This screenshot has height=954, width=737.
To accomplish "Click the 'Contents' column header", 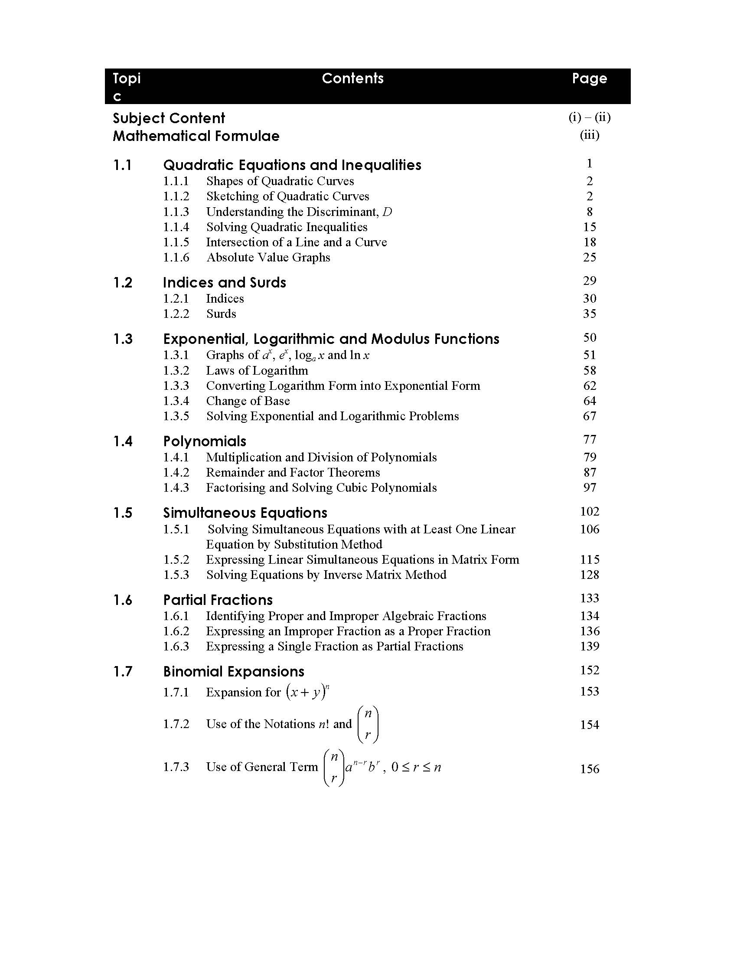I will pos(352,78).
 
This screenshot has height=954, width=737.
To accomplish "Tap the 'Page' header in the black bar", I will pos(590,78).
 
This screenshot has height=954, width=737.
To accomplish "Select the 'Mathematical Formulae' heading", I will pos(196,136).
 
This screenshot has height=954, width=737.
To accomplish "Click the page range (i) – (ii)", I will pos(590,118).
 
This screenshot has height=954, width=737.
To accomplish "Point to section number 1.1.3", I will pos(176,212).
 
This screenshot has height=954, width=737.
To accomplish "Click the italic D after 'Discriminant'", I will pos(387,212).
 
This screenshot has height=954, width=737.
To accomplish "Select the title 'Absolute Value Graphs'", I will pos(268,258).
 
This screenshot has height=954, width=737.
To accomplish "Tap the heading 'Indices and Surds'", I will pos(225,283).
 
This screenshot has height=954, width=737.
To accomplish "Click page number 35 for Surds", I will pos(590,314).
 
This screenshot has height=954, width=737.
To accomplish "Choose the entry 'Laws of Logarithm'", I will pos(257,371).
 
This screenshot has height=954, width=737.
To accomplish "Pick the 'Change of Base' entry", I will pos(248,401).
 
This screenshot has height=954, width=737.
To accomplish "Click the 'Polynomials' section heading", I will pos(204,441).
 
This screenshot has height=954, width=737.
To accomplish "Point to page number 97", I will pos(590,487).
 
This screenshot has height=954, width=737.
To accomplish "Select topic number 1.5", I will pos(123,513).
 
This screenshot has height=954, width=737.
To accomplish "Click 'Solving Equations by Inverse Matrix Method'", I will pos(326,575).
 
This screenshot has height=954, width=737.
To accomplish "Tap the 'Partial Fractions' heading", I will pos(218,600).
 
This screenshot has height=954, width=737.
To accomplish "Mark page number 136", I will pos(590,631).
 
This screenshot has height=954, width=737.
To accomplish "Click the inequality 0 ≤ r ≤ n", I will pos(416,768).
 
